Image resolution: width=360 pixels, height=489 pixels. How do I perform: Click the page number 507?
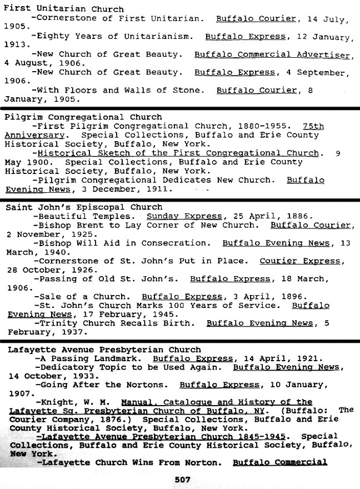[x=183, y=480]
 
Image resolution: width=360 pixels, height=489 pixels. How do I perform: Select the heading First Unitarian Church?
[x=64, y=9]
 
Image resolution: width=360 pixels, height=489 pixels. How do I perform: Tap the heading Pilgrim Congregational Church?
[x=83, y=117]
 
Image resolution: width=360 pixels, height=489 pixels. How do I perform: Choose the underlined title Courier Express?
[x=299, y=261]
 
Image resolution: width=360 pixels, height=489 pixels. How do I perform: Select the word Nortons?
[x=146, y=385]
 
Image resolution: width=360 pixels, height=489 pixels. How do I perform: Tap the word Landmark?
[x=121, y=358]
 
